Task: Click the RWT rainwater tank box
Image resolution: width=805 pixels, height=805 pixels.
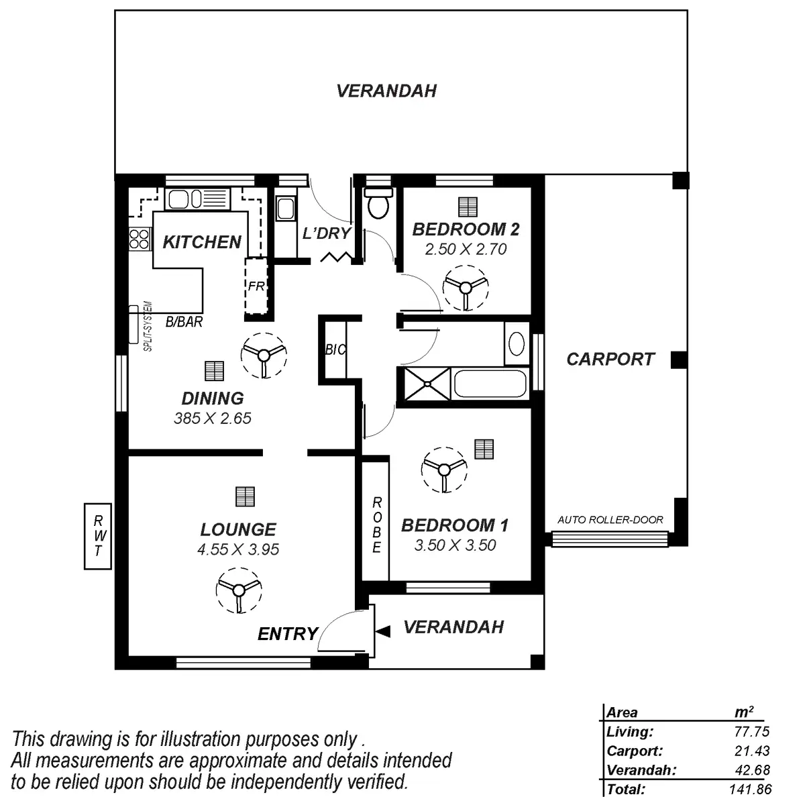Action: point(98,536)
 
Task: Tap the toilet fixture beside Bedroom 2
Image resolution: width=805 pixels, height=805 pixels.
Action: point(378,203)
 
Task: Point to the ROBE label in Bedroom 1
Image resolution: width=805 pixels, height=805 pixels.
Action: point(376,525)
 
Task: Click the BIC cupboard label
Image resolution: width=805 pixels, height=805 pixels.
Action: point(335,350)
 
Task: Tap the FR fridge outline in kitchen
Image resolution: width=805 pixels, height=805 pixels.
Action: point(256,285)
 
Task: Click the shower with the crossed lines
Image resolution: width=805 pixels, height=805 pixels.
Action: point(425,384)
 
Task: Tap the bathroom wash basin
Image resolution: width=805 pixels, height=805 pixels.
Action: point(517,343)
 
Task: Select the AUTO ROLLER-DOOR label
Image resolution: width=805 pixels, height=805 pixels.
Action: point(610,520)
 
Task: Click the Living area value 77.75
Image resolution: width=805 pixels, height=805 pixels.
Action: point(751,732)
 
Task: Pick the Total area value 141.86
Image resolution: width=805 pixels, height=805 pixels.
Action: point(749,790)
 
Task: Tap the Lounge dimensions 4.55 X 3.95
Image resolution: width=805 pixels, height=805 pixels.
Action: point(238,549)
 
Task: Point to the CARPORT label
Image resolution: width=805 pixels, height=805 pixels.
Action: point(610,359)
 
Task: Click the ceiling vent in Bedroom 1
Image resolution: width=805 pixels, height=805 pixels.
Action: point(483,449)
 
